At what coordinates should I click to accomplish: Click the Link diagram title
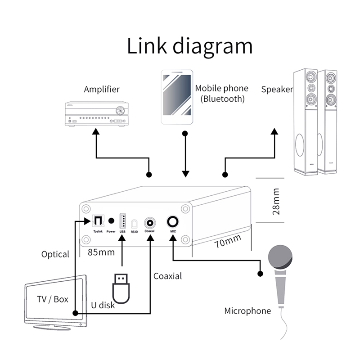[x=189, y=46]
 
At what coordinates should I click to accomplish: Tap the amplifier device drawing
[x=95, y=114]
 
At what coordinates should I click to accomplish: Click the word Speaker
[x=277, y=89]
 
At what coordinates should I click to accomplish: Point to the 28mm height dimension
[x=277, y=201]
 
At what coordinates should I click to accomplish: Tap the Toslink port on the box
[x=98, y=221]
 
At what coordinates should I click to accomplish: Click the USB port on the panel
[x=122, y=222]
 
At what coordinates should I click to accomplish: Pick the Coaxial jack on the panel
[x=149, y=222]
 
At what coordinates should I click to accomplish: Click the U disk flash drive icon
[x=121, y=288]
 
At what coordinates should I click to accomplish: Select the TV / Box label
[x=53, y=299]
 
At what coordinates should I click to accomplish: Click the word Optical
[x=55, y=254]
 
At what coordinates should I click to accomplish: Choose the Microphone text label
[x=247, y=310]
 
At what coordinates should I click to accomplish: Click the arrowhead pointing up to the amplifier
[x=96, y=131]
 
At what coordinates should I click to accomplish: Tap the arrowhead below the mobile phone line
[x=184, y=174]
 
